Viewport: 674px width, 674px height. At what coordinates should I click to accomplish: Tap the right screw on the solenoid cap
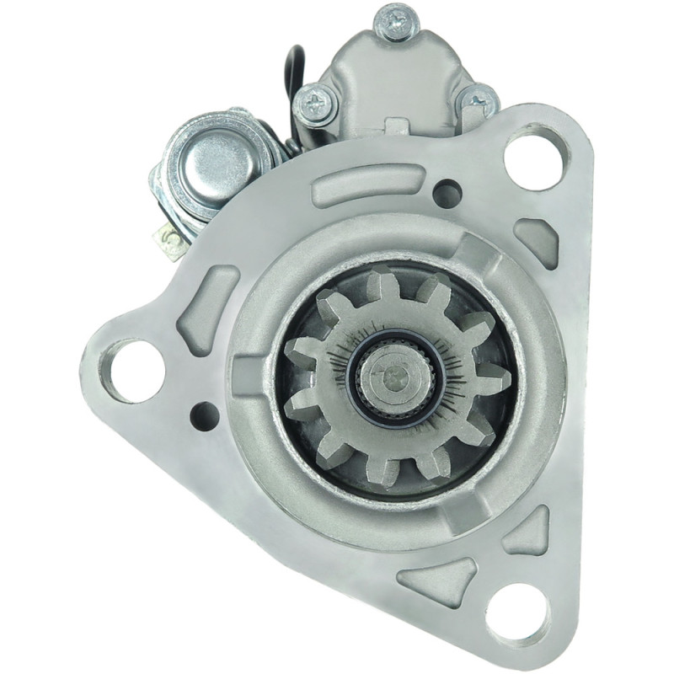click(479, 103)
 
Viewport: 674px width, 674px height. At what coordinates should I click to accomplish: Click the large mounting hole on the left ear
click(132, 371)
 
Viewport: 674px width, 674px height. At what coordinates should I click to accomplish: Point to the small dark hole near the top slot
click(447, 193)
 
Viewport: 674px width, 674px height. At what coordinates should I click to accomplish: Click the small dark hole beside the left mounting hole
click(205, 415)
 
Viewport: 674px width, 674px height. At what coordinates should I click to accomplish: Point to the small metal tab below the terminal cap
click(172, 243)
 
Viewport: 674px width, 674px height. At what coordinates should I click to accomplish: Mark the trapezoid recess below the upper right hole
click(538, 240)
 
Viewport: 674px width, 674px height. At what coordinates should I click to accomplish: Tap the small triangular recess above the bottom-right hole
click(528, 532)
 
